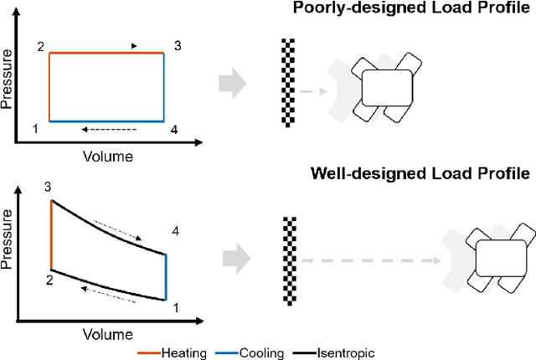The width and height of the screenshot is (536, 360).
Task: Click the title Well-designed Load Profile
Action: point(420,174)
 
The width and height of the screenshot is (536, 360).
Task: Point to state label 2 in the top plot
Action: point(39,46)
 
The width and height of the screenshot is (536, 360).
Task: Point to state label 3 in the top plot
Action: point(177,45)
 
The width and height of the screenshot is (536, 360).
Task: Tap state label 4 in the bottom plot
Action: point(175,230)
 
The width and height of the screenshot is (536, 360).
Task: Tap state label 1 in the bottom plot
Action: point(175,307)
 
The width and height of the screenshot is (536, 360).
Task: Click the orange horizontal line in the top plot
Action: point(106,54)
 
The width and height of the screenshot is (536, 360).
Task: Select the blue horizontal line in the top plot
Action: point(106,121)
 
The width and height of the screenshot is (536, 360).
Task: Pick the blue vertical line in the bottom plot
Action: point(165,275)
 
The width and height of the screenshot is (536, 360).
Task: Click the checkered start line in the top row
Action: point(289,83)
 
